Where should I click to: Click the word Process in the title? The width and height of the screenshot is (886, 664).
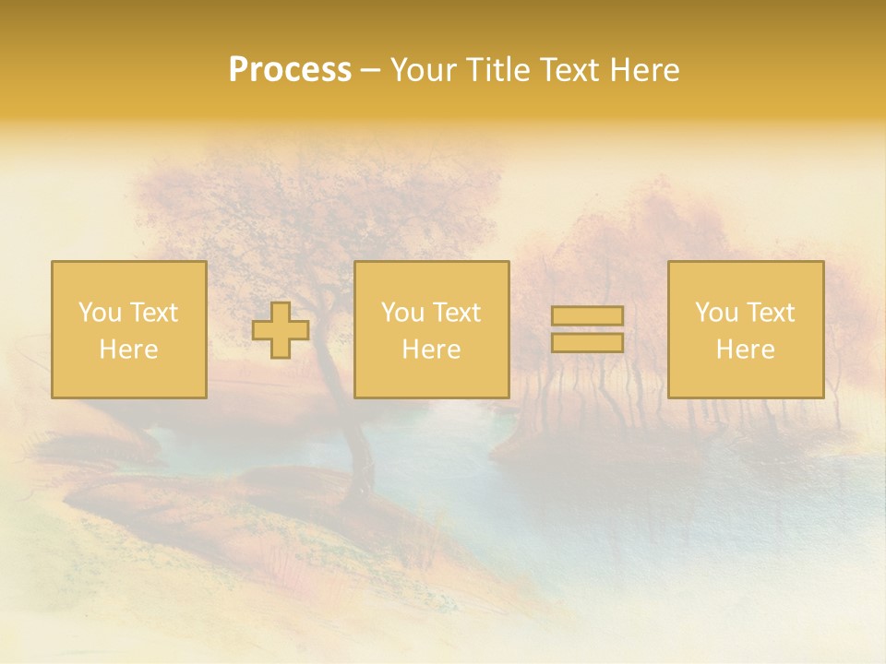pos(290,70)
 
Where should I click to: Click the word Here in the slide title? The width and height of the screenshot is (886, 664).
pos(645,70)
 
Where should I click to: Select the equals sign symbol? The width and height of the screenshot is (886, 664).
pos(587,329)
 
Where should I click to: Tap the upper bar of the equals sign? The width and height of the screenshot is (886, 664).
pos(587,316)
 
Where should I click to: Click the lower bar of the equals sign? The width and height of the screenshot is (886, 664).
pos(587,343)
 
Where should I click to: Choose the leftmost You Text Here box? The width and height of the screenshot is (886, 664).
pos(129,330)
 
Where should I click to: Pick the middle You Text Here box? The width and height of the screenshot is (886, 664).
pos(431,330)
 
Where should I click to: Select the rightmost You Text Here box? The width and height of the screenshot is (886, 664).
pos(746,330)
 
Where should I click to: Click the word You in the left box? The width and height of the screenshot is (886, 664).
pos(100,313)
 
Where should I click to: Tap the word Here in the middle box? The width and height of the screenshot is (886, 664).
pos(431,350)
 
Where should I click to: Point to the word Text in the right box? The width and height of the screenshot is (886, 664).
pos(769,313)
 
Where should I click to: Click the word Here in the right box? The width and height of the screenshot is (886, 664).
pos(746,350)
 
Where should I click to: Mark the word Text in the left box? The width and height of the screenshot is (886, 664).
pos(152,313)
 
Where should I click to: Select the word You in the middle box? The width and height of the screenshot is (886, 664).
pos(402,313)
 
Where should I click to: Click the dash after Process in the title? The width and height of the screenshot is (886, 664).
pos(370,71)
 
